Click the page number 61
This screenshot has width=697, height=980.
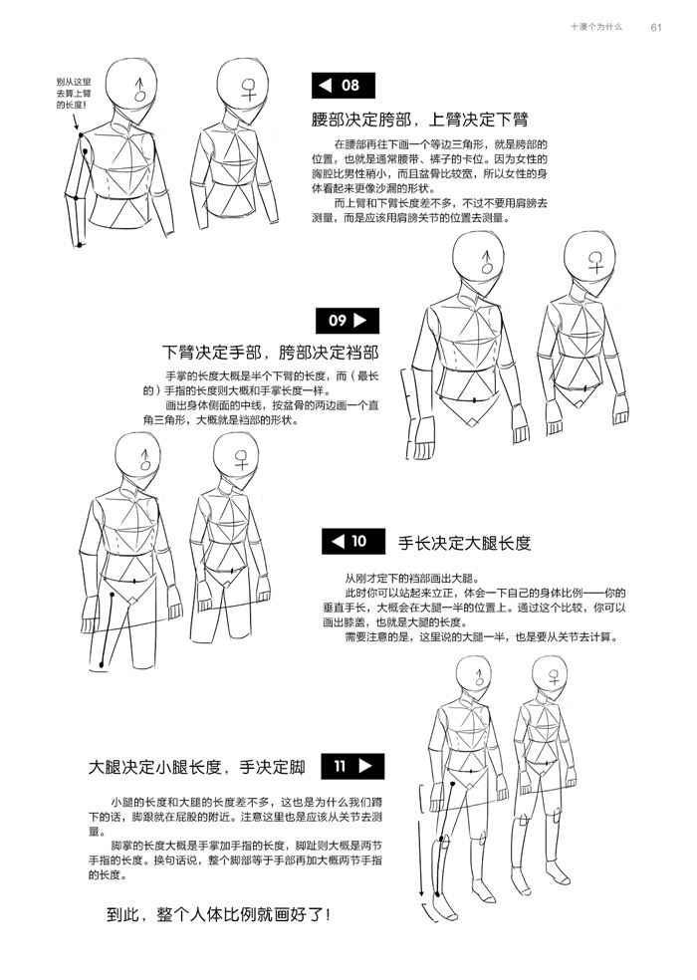point(656,28)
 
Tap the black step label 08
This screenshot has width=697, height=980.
point(344,86)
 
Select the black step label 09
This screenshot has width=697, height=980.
point(347,321)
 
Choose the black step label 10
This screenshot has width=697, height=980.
point(353,541)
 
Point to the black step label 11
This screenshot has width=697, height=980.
point(352,766)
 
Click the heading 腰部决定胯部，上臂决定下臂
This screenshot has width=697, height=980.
point(420,120)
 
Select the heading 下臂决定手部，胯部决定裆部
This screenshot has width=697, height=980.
point(270,353)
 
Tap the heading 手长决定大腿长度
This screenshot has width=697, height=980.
point(464,543)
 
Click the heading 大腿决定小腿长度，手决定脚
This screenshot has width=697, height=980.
point(197,767)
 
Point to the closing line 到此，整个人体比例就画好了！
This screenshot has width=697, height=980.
point(219,915)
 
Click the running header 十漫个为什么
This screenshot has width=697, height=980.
point(596,27)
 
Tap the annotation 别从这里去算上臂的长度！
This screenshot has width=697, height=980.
point(74,94)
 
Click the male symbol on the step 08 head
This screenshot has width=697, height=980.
point(141,90)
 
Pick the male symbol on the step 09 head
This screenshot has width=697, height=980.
point(487,262)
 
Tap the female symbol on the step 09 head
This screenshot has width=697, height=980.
point(595,261)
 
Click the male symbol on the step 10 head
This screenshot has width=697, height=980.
point(145,459)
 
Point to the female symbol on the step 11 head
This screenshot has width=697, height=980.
point(554,677)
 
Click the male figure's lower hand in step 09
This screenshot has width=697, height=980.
point(423,437)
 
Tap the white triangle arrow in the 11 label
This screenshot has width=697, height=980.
point(365,766)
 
